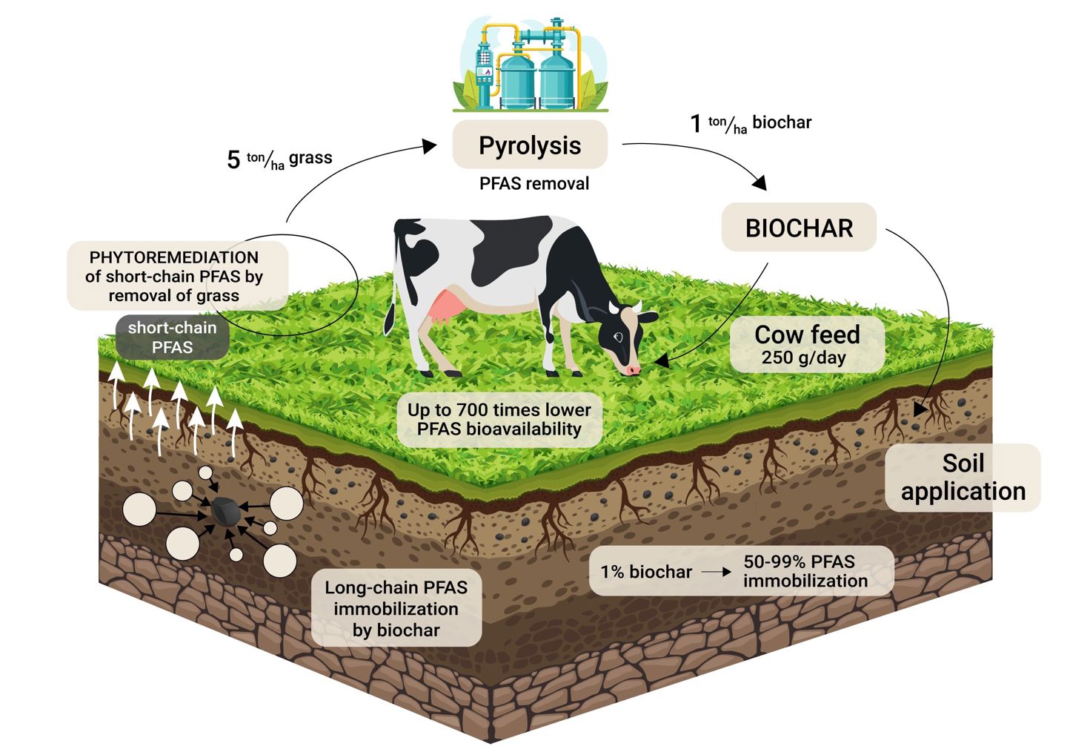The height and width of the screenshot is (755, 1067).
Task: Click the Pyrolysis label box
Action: pyautogui.click(x=530, y=145)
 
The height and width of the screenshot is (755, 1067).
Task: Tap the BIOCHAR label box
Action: pyautogui.click(x=799, y=228)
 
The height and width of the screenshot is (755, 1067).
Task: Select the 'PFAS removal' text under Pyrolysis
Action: pyautogui.click(x=533, y=183)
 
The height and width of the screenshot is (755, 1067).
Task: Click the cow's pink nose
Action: pyautogui.click(x=632, y=369)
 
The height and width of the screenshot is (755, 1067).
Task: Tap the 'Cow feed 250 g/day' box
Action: pyautogui.click(x=807, y=345)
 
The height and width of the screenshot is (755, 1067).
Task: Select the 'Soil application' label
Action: pyautogui.click(x=963, y=478)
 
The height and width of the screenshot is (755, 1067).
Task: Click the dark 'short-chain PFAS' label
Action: pyautogui.click(x=172, y=337)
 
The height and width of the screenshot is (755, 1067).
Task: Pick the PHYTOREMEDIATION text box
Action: pyautogui.click(x=175, y=276)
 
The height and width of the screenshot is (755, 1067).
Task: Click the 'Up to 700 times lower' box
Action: pyautogui.click(x=499, y=419)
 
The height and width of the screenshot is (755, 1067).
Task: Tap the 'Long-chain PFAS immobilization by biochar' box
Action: pyautogui.click(x=396, y=608)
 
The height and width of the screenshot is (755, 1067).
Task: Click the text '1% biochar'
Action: pyautogui.click(x=645, y=572)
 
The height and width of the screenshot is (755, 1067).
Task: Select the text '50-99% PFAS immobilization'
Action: pyautogui.click(x=804, y=571)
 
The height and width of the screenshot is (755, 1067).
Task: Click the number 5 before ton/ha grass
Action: pyautogui.click(x=233, y=159)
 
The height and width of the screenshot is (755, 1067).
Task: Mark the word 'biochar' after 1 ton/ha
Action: pyautogui.click(x=782, y=122)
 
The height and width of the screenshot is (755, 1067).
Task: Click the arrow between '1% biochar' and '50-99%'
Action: pyautogui.click(x=716, y=572)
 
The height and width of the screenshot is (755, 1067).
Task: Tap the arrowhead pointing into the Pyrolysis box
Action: pyautogui.click(x=431, y=145)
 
